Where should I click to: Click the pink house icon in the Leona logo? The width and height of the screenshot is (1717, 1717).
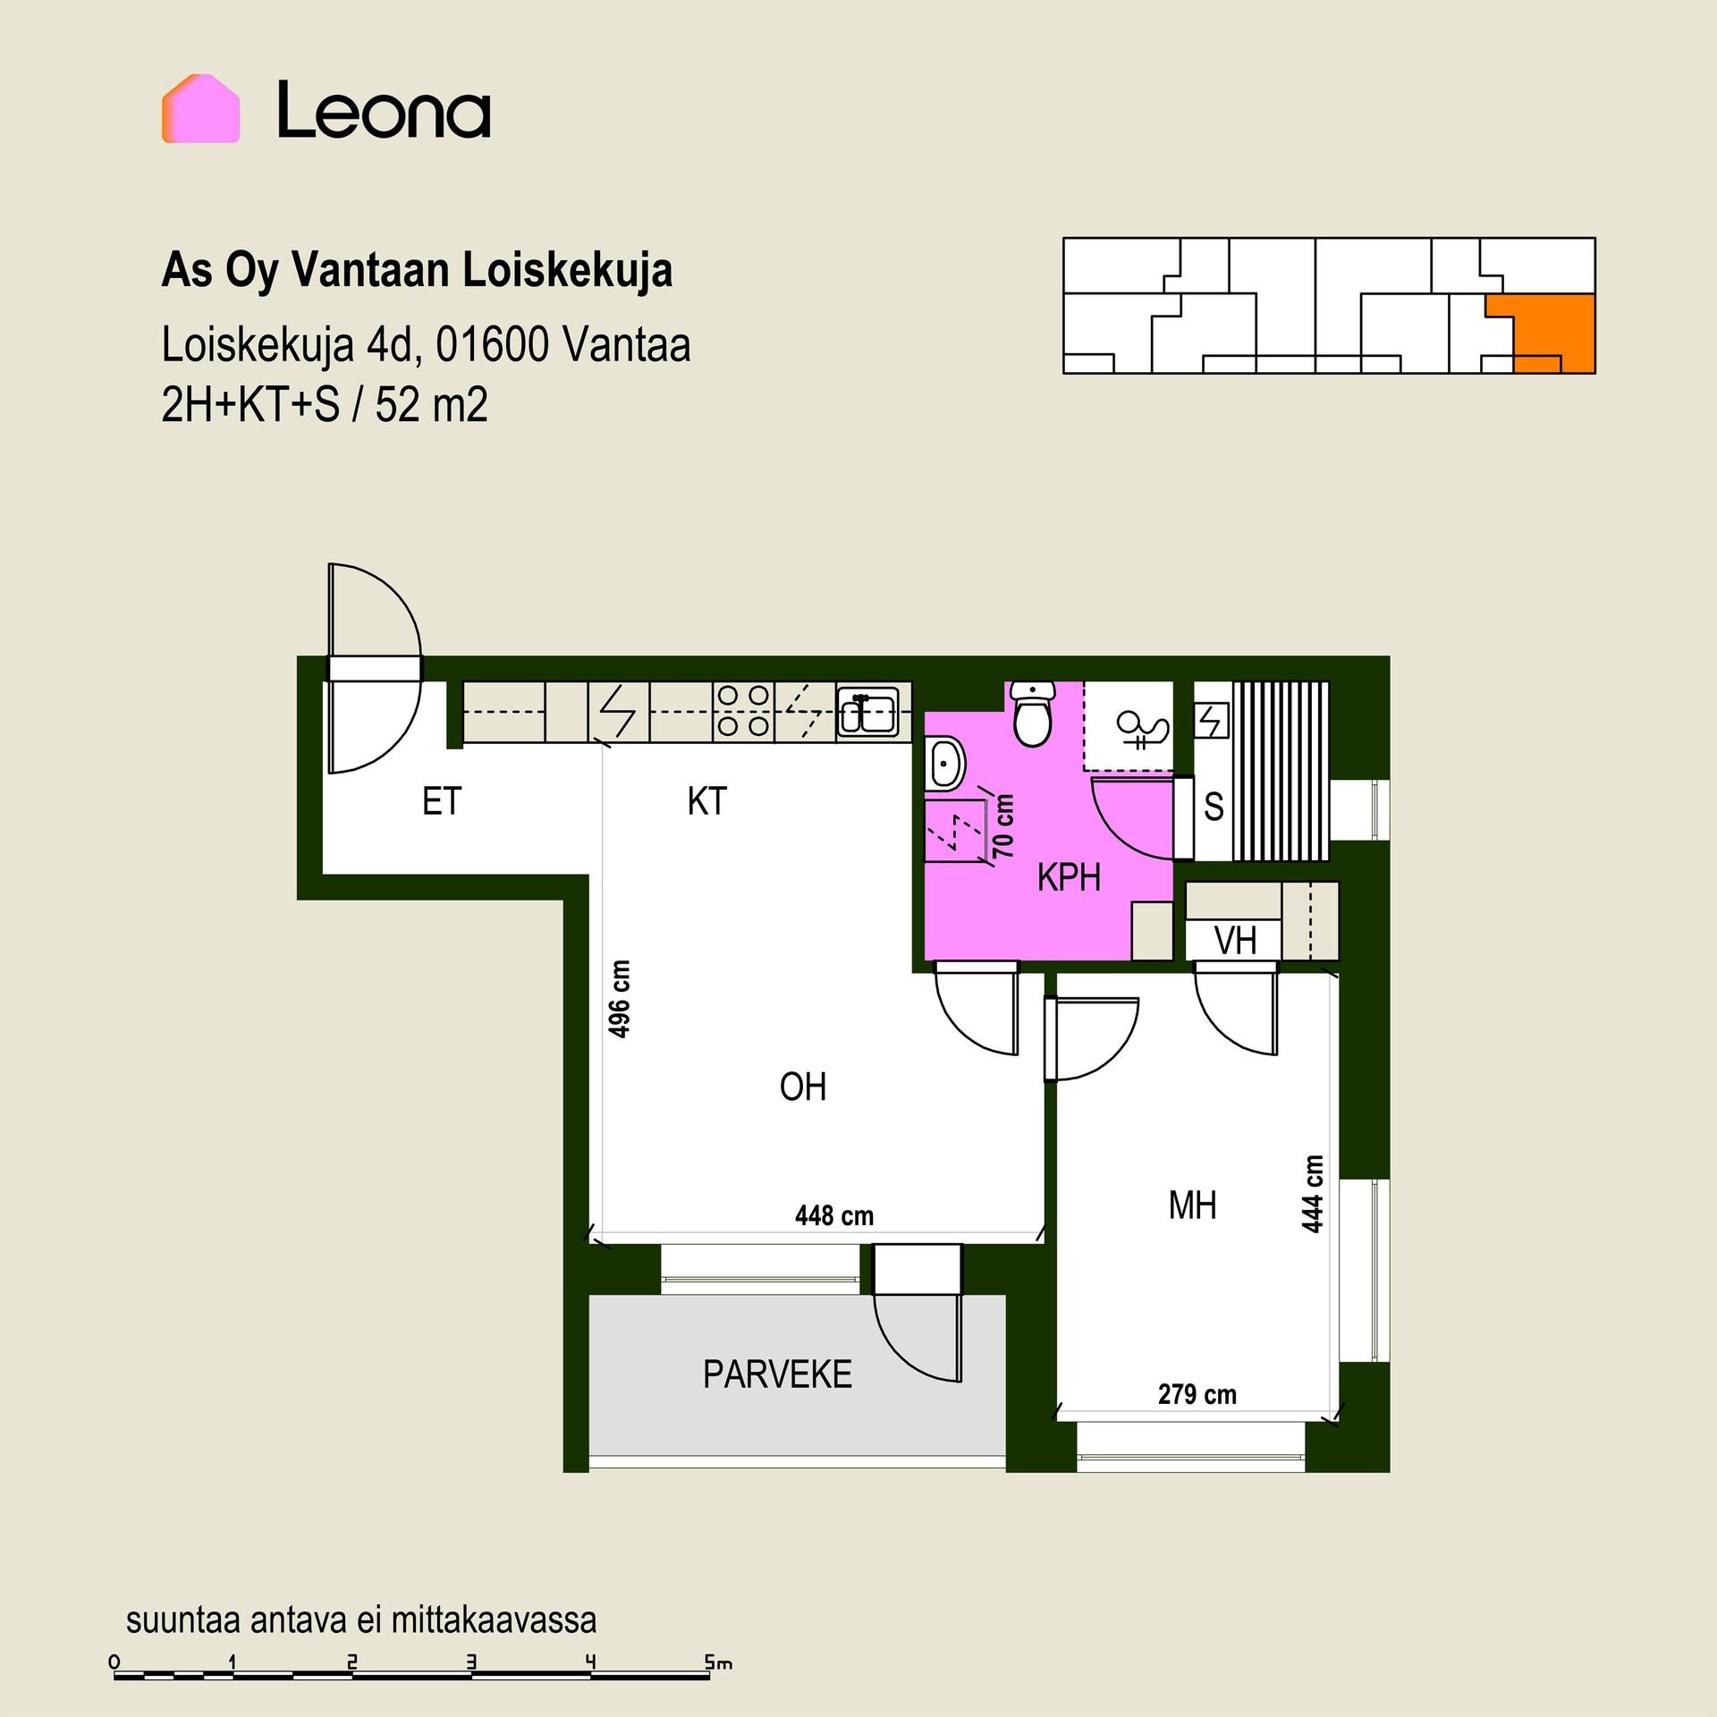[x=200, y=108]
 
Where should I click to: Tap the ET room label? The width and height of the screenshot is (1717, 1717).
[x=442, y=801]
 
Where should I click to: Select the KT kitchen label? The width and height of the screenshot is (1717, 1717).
[x=706, y=801]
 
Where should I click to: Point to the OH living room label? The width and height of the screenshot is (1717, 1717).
[x=802, y=1087]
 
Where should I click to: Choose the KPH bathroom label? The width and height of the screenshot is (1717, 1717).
[x=1069, y=878]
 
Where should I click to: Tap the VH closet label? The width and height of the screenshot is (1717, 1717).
[x=1235, y=940]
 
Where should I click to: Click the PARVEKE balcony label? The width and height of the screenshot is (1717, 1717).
[x=777, y=1374]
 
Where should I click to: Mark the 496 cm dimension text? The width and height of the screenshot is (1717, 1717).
[x=619, y=999]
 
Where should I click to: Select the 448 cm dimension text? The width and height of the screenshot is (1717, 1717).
[x=834, y=1215]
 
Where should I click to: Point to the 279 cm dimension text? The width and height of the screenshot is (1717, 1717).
[x=1197, y=1394]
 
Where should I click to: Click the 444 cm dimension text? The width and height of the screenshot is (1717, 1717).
[x=1312, y=1195]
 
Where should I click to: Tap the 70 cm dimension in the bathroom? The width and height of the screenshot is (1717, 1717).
[x=1004, y=826]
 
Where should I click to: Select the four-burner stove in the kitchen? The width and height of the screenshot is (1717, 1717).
[x=743, y=711]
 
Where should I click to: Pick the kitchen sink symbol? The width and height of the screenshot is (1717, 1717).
[x=867, y=713]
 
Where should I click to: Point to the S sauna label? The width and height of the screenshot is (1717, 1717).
[x=1214, y=807]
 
